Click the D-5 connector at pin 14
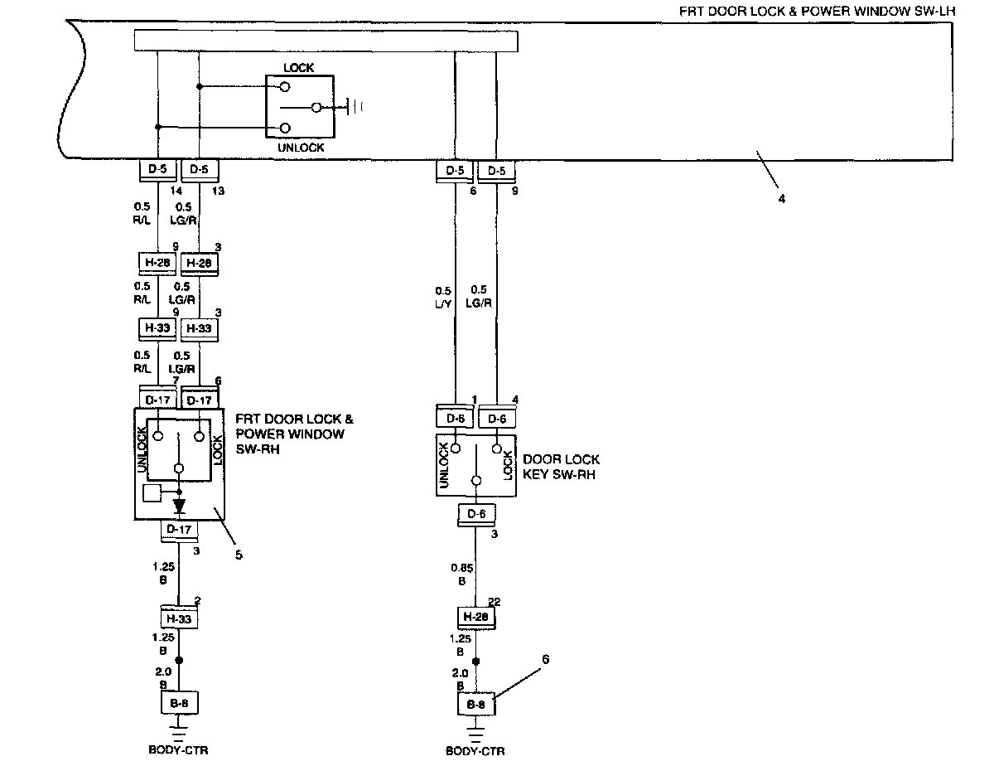157,171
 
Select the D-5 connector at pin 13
199,171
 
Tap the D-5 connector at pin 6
455,172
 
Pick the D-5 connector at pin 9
497,172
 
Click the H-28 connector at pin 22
476,617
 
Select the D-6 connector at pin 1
455,419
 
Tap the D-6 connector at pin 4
497,419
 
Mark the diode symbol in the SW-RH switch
179,505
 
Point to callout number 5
239,555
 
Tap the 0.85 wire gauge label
461,568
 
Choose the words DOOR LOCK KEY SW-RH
562,467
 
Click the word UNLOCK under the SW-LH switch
302,148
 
